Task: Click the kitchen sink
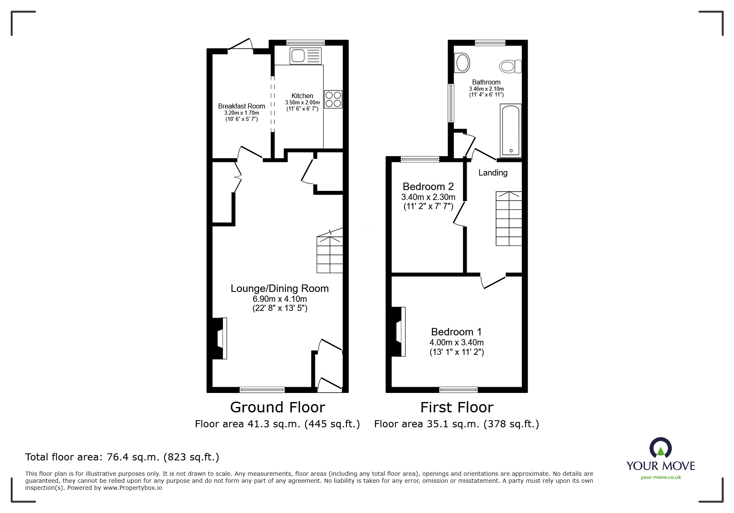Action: tap(306, 56)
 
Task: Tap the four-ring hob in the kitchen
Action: tap(333, 99)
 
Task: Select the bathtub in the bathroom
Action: tap(511, 130)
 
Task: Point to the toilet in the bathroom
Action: tap(510, 66)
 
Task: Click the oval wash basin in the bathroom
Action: tap(462, 63)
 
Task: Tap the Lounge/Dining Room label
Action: tap(280, 289)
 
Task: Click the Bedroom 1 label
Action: tap(456, 332)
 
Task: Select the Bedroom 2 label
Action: tap(428, 186)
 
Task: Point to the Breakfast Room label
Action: tap(242, 106)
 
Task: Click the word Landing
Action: tap(493, 173)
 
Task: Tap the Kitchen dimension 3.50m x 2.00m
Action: tap(303, 102)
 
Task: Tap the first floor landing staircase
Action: tap(509, 219)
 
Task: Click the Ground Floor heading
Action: tap(278, 407)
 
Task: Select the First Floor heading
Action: tap(457, 407)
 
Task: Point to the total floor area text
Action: tap(122, 457)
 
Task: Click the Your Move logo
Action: tap(661, 458)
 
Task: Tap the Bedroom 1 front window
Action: tap(458, 389)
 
